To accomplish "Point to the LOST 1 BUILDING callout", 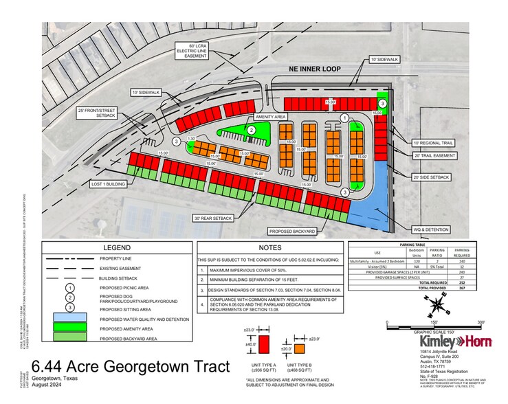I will pos(109,183).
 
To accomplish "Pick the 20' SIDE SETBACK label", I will pos(431,177).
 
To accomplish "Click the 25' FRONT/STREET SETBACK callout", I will pos(93,115).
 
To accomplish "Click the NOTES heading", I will pos(271,247).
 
